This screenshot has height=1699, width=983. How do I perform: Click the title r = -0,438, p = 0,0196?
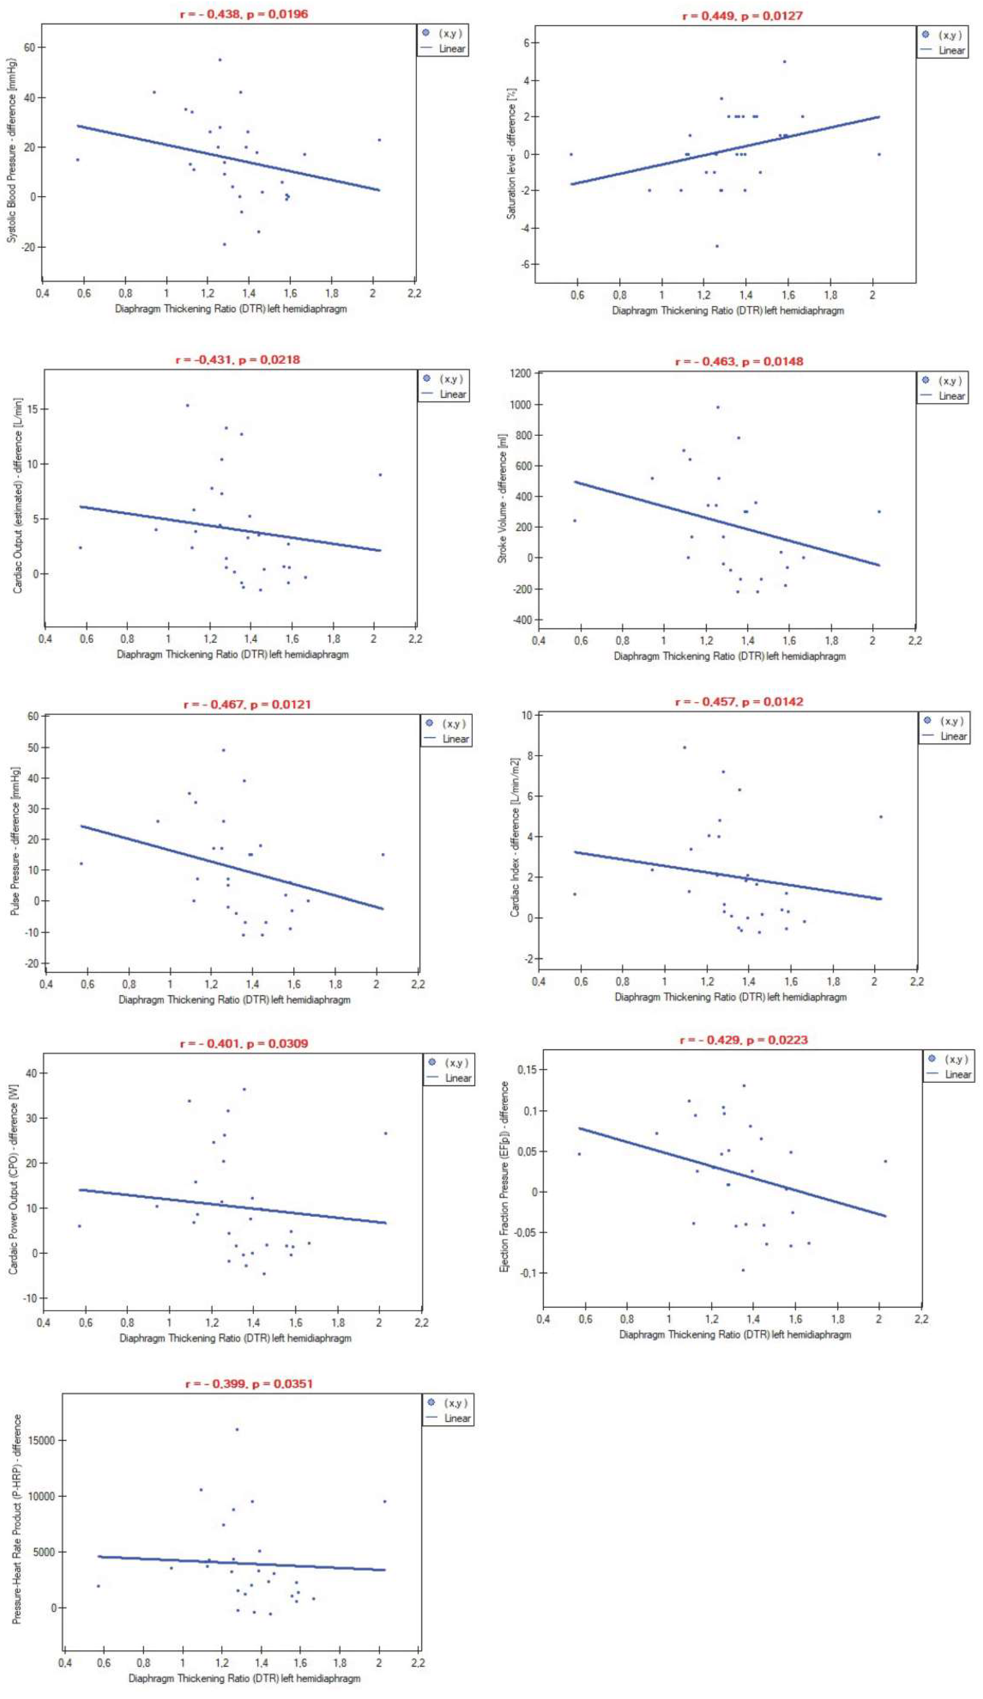244,14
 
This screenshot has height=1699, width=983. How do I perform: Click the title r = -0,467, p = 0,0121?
247,705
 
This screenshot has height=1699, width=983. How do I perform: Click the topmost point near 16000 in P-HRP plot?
236,1429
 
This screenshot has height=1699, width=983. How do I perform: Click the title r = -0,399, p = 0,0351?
249,1384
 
